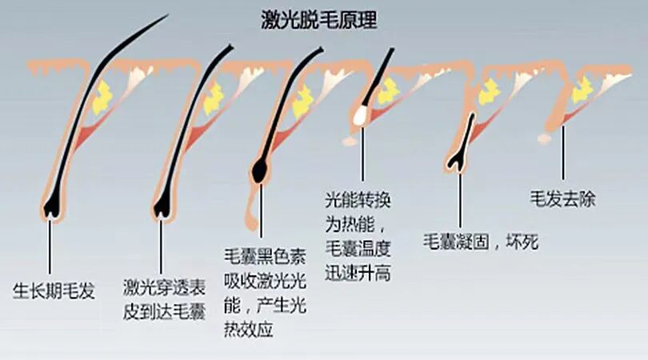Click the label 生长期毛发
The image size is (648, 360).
click(54, 290)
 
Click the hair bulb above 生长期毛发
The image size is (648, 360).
click(52, 204)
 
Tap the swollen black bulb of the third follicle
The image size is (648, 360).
click(260, 169)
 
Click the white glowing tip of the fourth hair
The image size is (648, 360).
click(359, 118)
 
